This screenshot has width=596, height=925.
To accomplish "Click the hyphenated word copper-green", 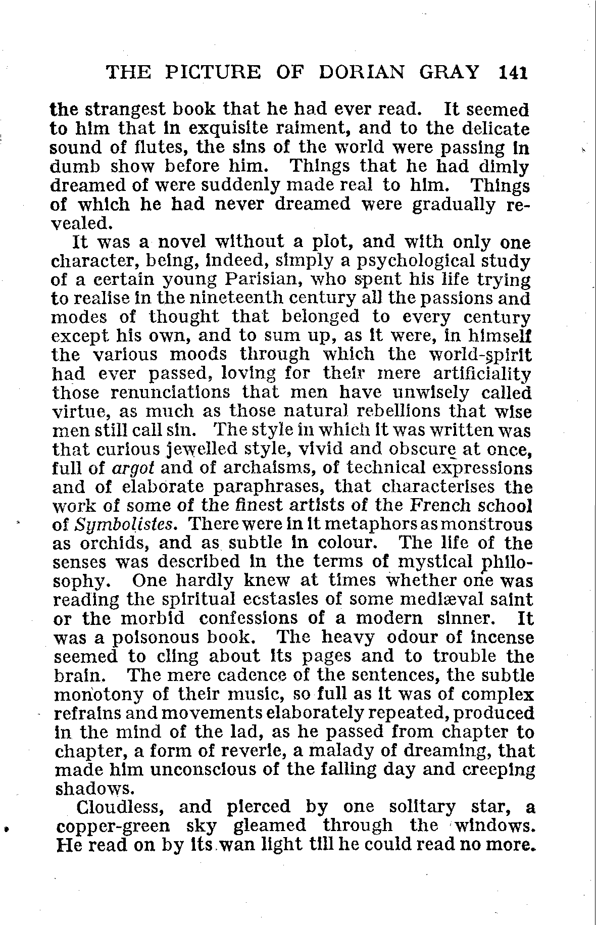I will tap(114, 826).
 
